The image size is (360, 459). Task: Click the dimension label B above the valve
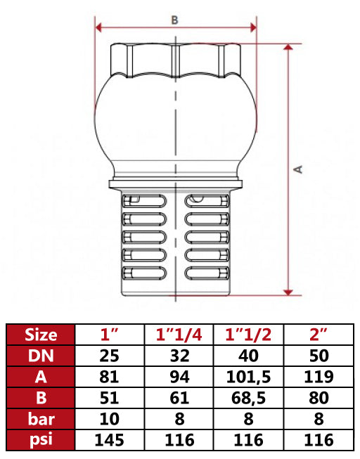175,20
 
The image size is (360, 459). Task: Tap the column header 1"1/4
179,334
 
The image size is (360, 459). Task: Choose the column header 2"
321,334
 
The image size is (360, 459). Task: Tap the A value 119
321,377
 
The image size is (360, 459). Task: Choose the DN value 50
321,356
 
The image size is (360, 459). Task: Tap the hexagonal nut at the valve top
175,60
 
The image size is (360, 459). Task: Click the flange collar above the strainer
175,186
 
